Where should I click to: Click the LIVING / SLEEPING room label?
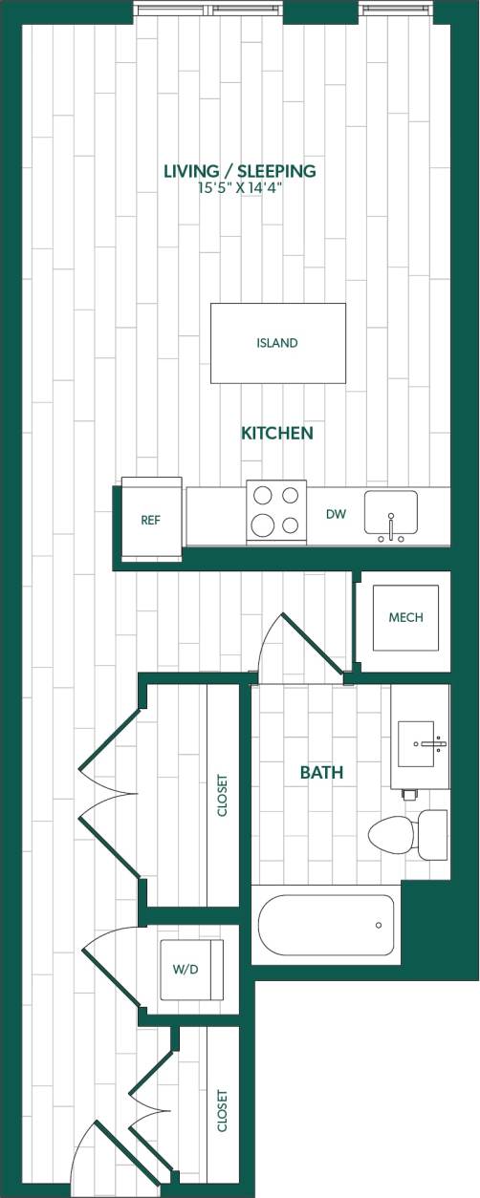click(239, 171)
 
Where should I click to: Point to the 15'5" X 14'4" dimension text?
click(239, 188)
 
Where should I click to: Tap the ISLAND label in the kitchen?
click(277, 343)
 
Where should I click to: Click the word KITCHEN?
click(276, 434)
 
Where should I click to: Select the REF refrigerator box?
click(150, 521)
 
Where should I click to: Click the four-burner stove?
click(276, 511)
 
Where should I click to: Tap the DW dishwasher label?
click(336, 515)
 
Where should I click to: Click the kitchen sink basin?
click(390, 511)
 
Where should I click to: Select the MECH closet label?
click(405, 617)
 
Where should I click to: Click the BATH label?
click(321, 773)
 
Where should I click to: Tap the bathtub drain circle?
click(379, 925)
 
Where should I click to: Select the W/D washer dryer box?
click(191, 969)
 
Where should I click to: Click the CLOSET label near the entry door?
click(223, 1111)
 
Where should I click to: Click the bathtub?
click(325, 925)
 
